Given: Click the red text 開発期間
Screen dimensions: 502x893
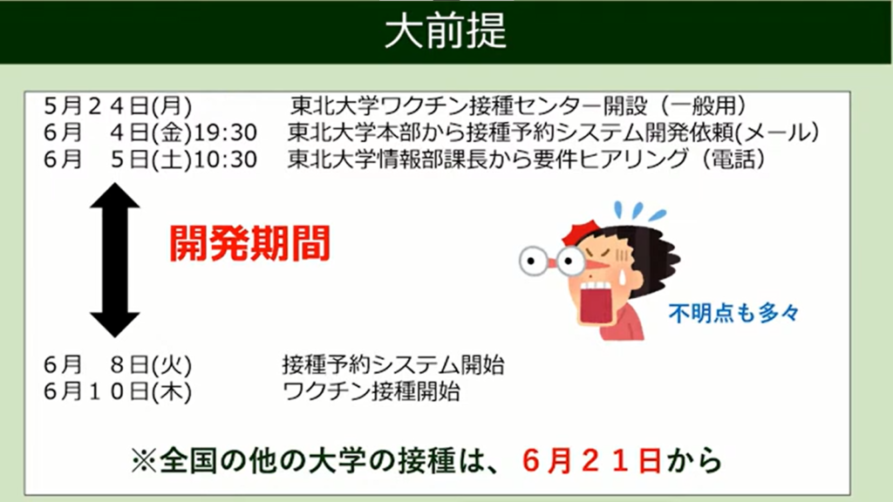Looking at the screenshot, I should (249, 244).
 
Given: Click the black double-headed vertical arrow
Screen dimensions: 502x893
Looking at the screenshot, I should (115, 261).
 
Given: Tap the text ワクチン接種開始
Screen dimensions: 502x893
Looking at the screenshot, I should (372, 391).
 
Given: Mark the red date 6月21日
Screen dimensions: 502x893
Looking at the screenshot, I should (592, 460).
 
